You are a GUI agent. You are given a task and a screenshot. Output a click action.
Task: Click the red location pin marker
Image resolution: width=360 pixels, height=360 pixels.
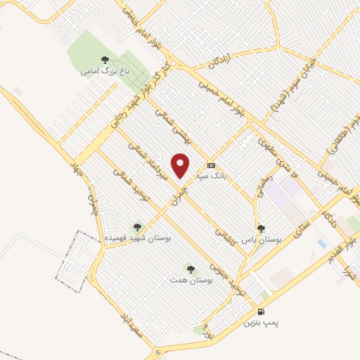click(181, 164)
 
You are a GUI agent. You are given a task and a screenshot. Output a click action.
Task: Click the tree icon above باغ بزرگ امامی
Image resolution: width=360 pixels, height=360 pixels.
click(105, 60)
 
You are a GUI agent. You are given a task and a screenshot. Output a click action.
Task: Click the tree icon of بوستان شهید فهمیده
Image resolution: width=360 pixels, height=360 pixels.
click(136, 227)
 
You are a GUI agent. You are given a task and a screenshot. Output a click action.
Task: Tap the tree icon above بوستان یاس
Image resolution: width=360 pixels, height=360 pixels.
click(261, 228)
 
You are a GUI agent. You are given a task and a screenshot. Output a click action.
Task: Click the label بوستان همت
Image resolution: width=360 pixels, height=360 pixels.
click(191, 280)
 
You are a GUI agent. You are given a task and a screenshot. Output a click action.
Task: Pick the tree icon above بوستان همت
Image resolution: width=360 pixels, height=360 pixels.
click(191, 269)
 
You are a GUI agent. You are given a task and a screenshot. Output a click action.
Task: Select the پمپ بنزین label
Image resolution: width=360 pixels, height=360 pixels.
click(262, 323)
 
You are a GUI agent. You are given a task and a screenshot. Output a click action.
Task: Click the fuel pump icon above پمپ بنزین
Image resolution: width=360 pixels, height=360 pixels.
click(262, 311)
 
